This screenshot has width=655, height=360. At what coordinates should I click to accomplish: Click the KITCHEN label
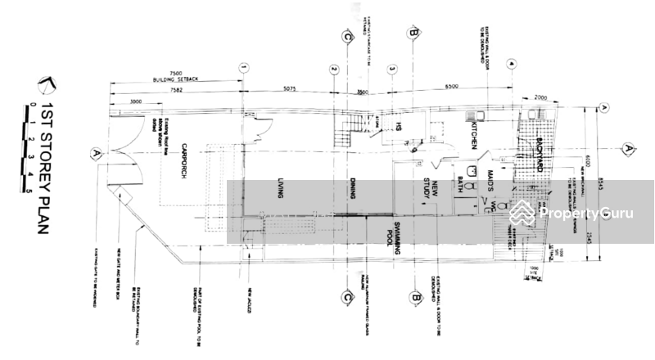click(x=472, y=134)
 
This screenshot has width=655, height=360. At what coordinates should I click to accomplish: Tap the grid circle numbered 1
click(x=243, y=69)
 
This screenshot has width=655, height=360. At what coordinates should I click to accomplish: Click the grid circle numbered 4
click(x=510, y=63)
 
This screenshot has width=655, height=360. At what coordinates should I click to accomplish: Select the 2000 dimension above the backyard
click(x=541, y=97)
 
